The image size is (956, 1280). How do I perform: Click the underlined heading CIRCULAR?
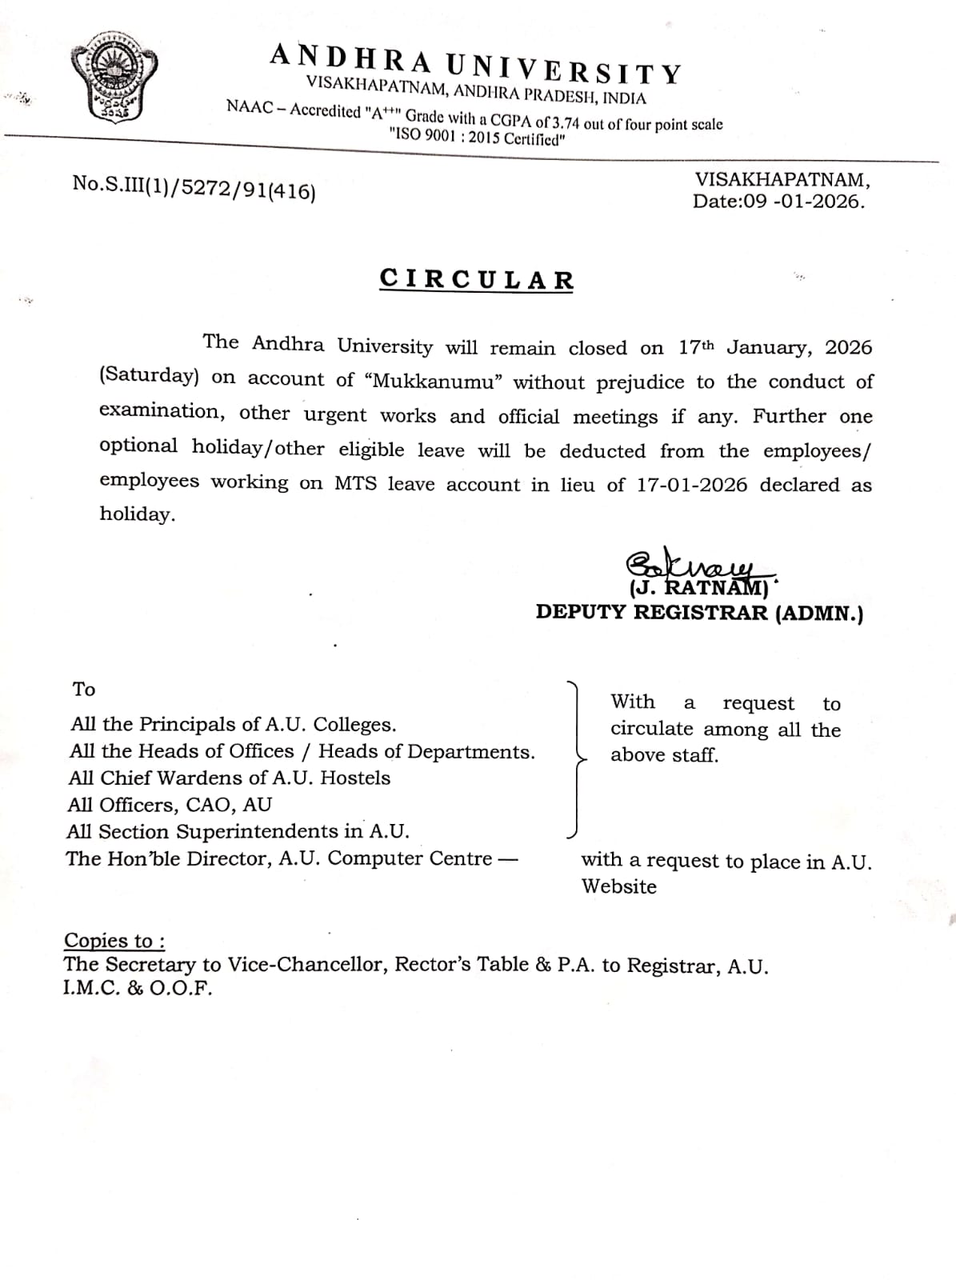tap(477, 279)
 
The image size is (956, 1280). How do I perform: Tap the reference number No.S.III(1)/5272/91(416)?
tap(194, 187)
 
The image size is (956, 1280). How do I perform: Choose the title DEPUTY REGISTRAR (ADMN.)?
tap(699, 613)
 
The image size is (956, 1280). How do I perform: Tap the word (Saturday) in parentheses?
tap(149, 375)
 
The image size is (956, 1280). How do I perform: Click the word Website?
tap(618, 886)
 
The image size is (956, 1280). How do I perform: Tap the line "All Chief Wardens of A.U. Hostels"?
tap(230, 778)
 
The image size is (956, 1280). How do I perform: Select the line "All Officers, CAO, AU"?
tap(170, 804)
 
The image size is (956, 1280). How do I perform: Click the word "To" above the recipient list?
tap(83, 689)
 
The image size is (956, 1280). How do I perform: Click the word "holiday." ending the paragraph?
tap(137, 514)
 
